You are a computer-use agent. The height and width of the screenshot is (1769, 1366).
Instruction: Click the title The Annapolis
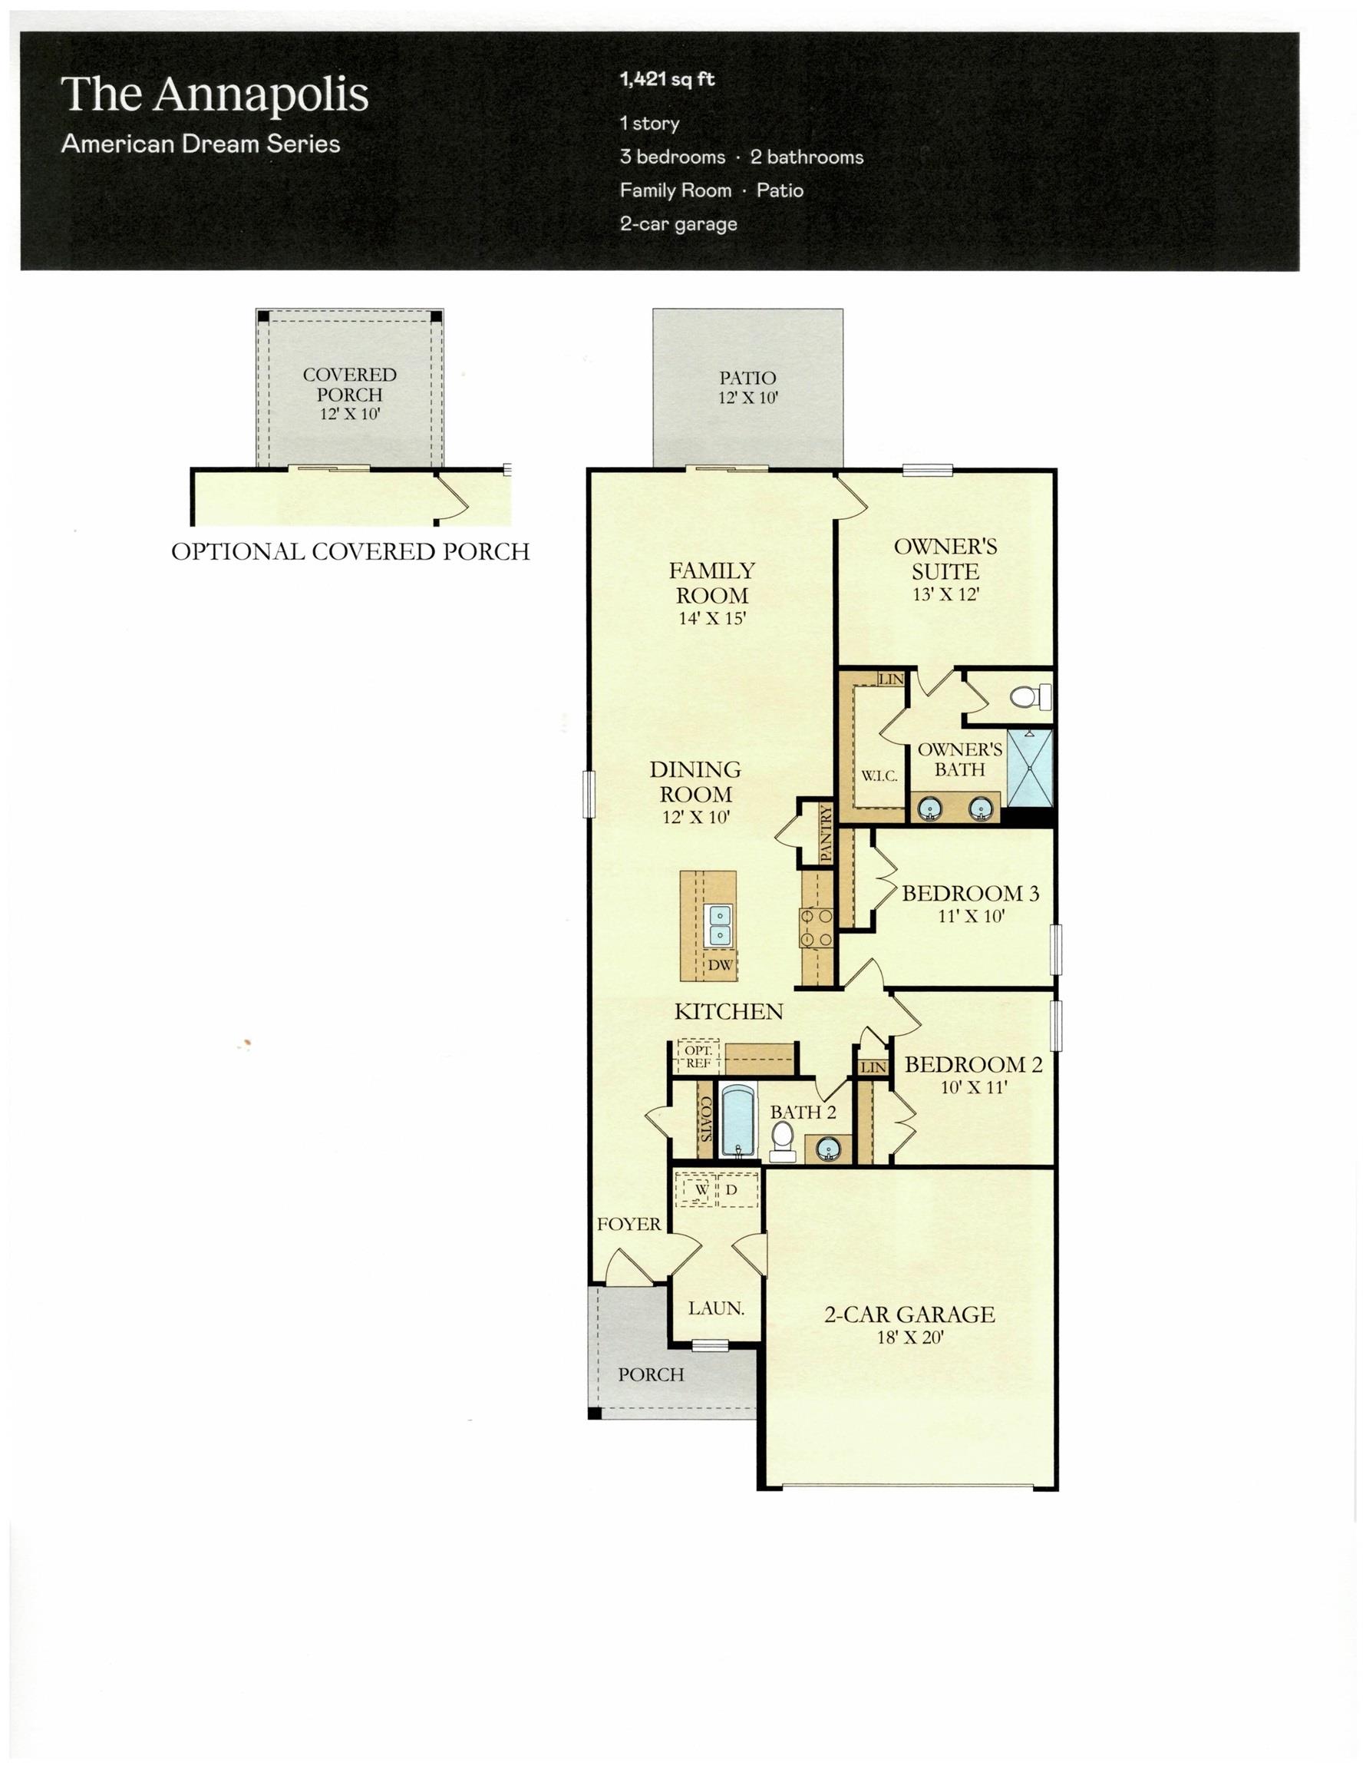coord(215,95)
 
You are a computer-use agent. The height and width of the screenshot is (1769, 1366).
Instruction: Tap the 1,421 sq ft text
coord(667,79)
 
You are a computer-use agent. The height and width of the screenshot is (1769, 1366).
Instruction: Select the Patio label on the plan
coord(747,378)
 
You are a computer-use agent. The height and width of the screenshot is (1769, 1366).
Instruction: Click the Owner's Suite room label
coord(945,559)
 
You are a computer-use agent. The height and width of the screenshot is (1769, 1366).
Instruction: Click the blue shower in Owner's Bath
coord(1030,768)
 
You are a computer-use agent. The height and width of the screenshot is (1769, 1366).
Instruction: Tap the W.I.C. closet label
coord(879,776)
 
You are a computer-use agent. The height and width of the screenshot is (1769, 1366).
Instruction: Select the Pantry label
coord(826,832)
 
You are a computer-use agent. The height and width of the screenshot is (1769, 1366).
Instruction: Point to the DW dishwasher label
coord(720,964)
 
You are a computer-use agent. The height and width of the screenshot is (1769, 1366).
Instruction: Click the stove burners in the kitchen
coord(817,927)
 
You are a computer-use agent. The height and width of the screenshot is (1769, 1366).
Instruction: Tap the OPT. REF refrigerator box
coord(698,1057)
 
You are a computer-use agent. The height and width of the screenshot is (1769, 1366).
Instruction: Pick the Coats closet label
coord(704,1119)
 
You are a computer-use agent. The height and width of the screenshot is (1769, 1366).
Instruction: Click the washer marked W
coord(701,1190)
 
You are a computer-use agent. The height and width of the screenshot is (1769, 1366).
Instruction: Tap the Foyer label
coord(629,1224)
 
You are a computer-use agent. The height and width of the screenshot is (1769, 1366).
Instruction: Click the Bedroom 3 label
coord(970,893)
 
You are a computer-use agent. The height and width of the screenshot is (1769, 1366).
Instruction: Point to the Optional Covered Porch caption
coord(351,551)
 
